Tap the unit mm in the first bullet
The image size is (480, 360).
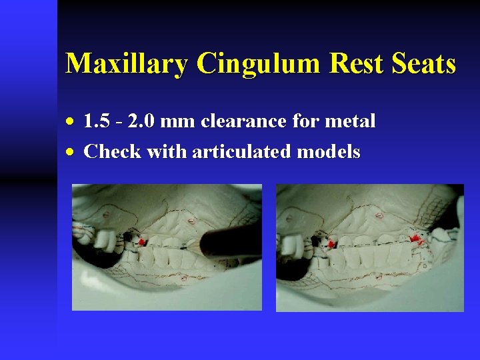click(177, 121)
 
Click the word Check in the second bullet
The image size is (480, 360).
click(111, 152)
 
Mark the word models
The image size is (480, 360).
click(329, 152)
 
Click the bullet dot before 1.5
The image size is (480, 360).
click(72, 122)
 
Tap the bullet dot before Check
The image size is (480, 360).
click(72, 153)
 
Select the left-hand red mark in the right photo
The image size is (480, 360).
click(330, 244)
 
